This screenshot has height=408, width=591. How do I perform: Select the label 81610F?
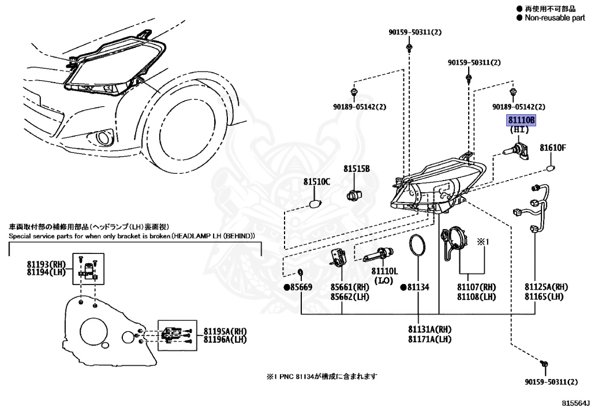pos(553,147)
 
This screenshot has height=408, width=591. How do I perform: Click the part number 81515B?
pos(356,169)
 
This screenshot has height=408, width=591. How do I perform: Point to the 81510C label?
pos(317,182)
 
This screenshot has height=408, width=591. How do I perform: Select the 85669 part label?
pos(298,287)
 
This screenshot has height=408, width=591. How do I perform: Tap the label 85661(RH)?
pos(350,287)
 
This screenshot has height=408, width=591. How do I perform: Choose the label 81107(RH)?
pos(476,287)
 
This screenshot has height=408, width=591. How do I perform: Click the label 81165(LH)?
pos(544,297)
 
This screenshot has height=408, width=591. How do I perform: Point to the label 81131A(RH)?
pos(429,330)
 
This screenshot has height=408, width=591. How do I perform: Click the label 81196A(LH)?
pos(225,339)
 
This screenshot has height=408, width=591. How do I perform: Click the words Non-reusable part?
pos(555,18)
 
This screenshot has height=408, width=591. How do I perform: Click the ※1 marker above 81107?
pos(483,241)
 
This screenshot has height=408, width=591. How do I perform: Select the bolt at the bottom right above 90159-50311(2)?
pos(544,364)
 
